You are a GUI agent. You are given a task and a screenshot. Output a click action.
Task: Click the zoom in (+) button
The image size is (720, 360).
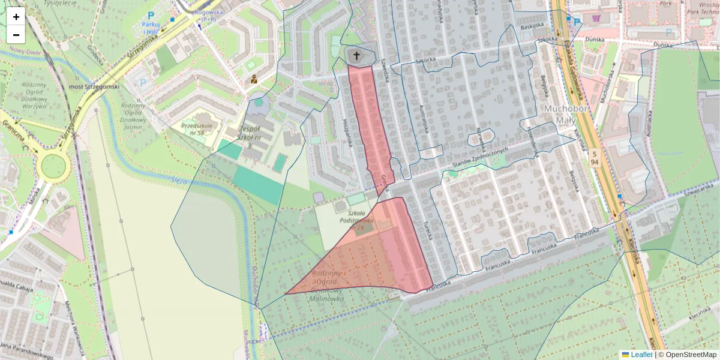(x=16, y=17)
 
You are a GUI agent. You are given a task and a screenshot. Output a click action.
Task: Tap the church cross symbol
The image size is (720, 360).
(x=356, y=56)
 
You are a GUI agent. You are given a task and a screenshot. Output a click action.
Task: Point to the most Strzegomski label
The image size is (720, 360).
(x=94, y=86)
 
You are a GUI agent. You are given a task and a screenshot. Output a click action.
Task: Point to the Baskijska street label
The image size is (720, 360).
(x=532, y=27)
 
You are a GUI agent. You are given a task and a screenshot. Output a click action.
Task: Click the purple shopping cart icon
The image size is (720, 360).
(x=596, y=18)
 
